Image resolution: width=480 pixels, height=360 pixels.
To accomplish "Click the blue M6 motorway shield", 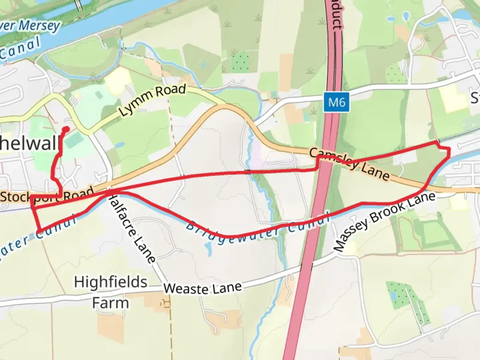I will tap(336, 102).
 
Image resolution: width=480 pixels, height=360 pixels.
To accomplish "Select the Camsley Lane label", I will tap(349, 164).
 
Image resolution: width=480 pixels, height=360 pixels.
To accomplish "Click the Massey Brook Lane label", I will tap(385, 222).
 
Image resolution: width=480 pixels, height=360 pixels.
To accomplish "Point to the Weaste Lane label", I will tap(202, 288).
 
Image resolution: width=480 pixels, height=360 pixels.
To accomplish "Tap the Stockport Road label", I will tap(47, 196).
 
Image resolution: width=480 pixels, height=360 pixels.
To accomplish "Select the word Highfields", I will tap(111, 282).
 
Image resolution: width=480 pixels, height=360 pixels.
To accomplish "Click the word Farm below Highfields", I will tap(110, 303).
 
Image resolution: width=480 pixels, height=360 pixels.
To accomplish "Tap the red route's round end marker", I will tap(66, 129).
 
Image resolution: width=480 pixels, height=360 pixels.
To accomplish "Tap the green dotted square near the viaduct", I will tap(240, 61).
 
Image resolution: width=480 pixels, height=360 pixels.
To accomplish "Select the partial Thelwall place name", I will tap(30, 144).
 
